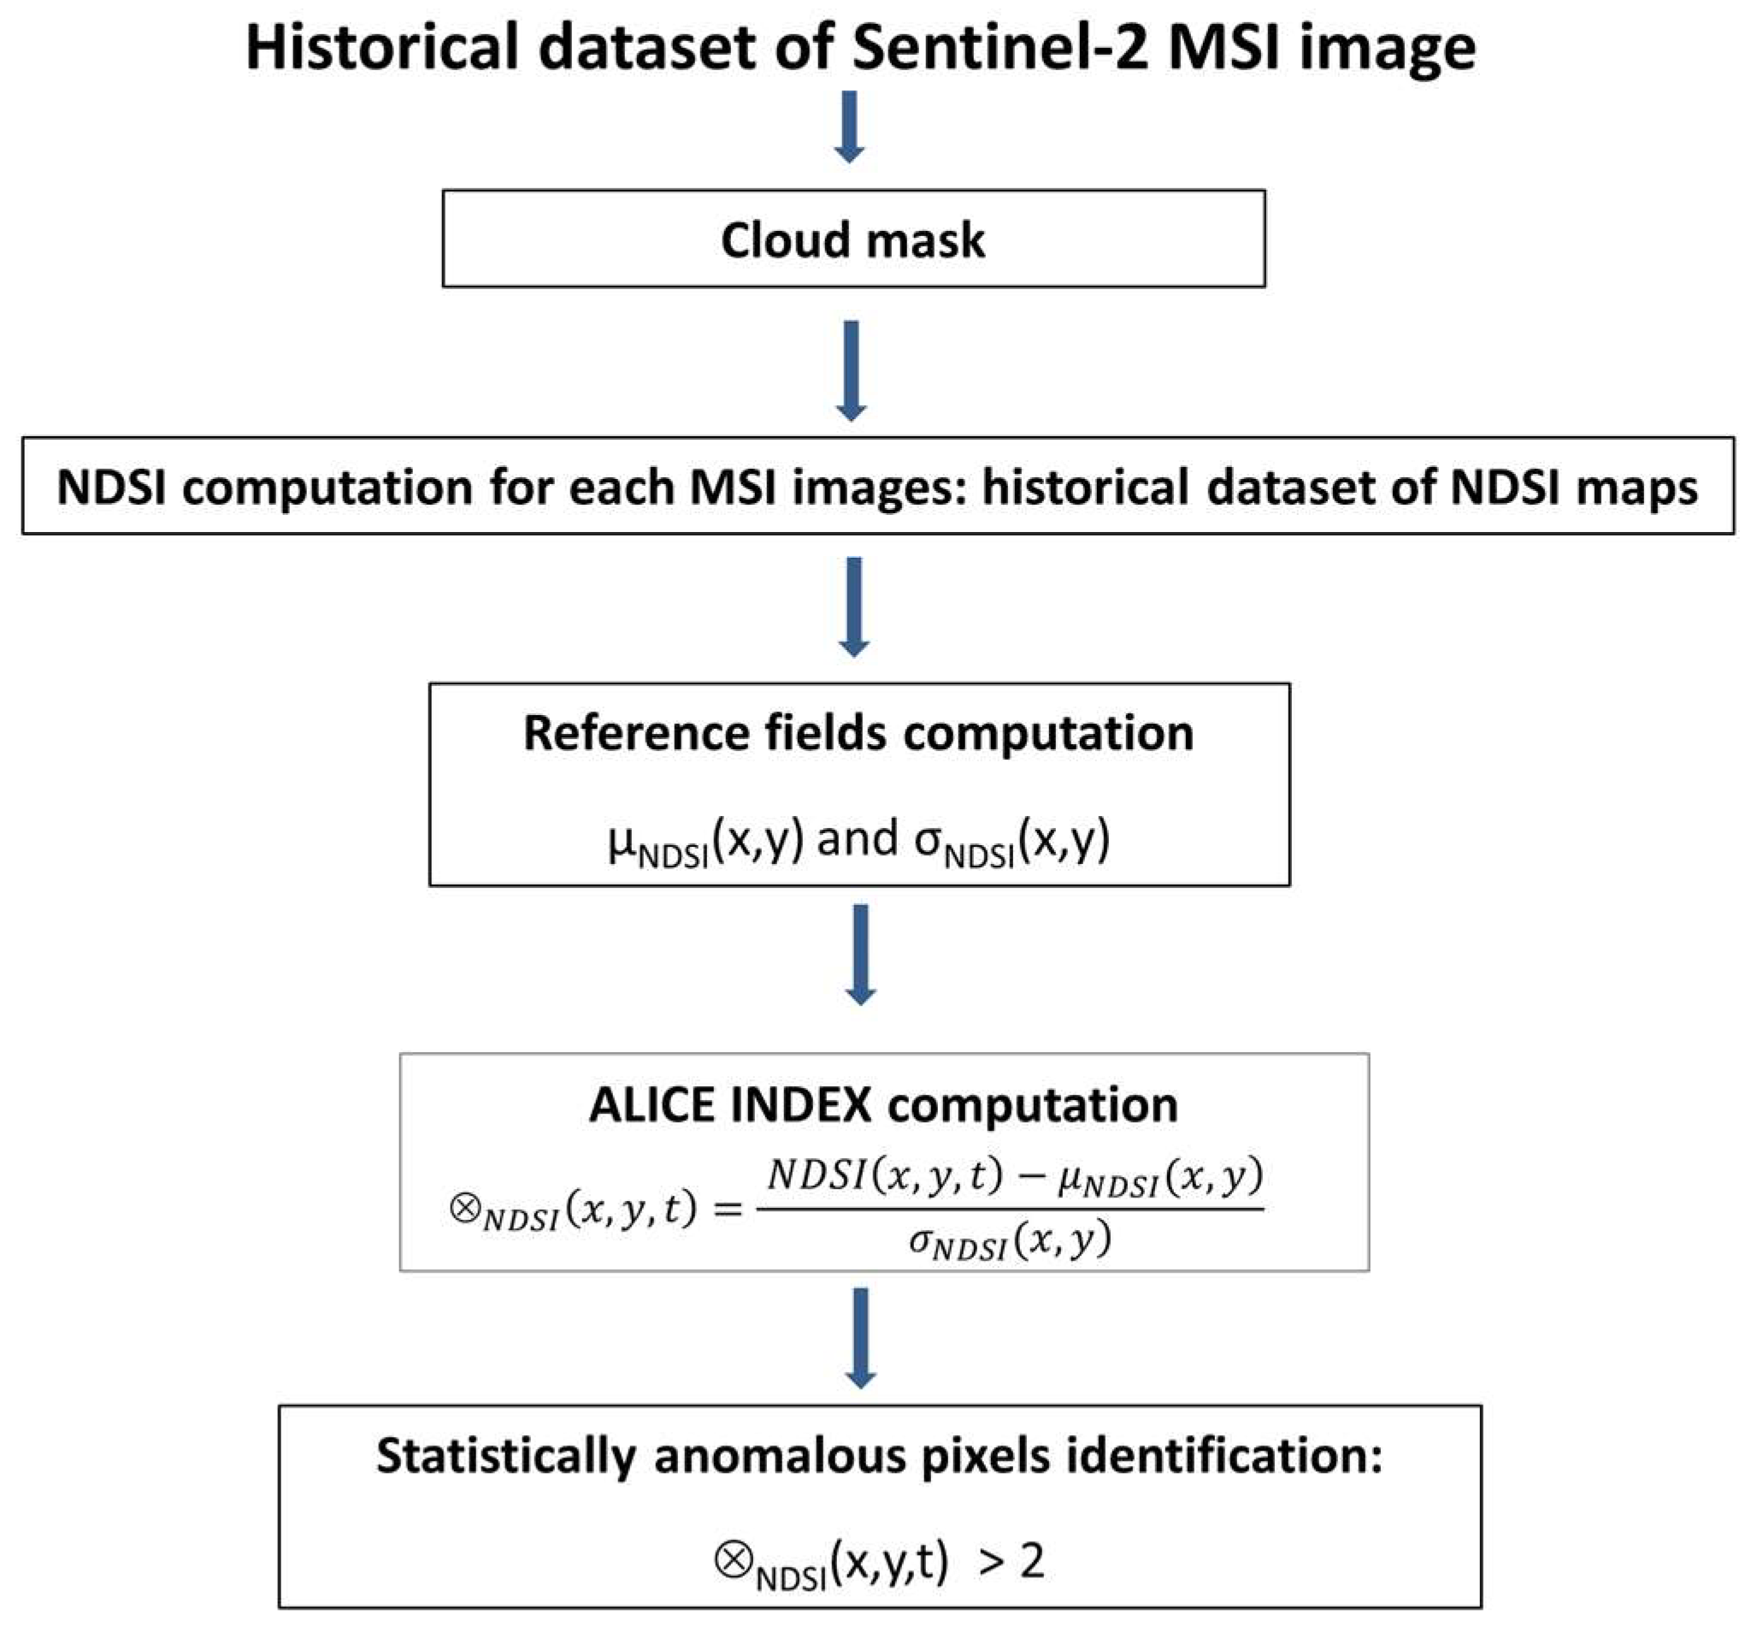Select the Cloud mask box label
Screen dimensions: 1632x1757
click(x=852, y=240)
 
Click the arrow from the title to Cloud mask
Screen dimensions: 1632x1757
click(x=848, y=128)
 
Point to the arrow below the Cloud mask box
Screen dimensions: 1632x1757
click(x=850, y=371)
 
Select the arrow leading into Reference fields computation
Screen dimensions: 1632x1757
click(x=853, y=607)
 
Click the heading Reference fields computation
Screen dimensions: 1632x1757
click(x=858, y=733)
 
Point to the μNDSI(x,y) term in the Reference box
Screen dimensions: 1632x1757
click(x=705, y=840)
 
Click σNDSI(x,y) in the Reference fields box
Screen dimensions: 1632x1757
click(x=1011, y=840)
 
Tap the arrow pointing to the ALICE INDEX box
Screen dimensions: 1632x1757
click(x=860, y=955)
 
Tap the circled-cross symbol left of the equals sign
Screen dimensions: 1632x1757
click(x=464, y=1207)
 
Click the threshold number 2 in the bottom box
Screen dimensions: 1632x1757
click(x=1031, y=1562)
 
